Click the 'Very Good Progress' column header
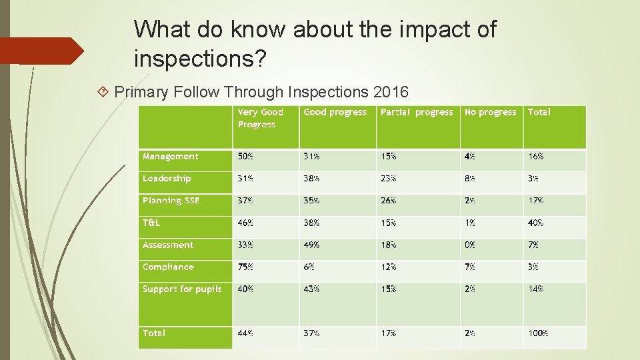click(x=261, y=119)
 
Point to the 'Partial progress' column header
click(x=416, y=113)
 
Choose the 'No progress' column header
click(x=490, y=113)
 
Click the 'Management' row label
click(x=170, y=157)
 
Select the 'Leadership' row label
click(x=167, y=179)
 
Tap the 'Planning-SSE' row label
click(x=171, y=201)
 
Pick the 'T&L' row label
click(x=151, y=223)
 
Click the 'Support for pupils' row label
click(x=182, y=289)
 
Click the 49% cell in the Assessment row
click(x=311, y=245)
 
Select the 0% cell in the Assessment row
click(x=470, y=245)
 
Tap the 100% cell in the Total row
click(x=538, y=333)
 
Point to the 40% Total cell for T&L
click(x=535, y=223)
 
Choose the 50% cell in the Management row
click(x=245, y=157)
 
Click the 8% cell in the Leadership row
click(x=470, y=179)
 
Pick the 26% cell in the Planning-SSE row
click(x=388, y=201)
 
